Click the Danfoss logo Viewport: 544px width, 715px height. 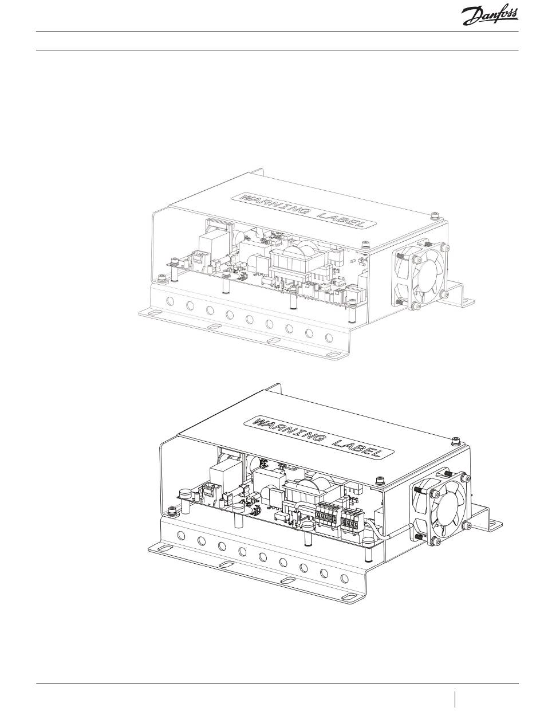[490, 17]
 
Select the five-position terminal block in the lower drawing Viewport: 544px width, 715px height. [326, 517]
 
